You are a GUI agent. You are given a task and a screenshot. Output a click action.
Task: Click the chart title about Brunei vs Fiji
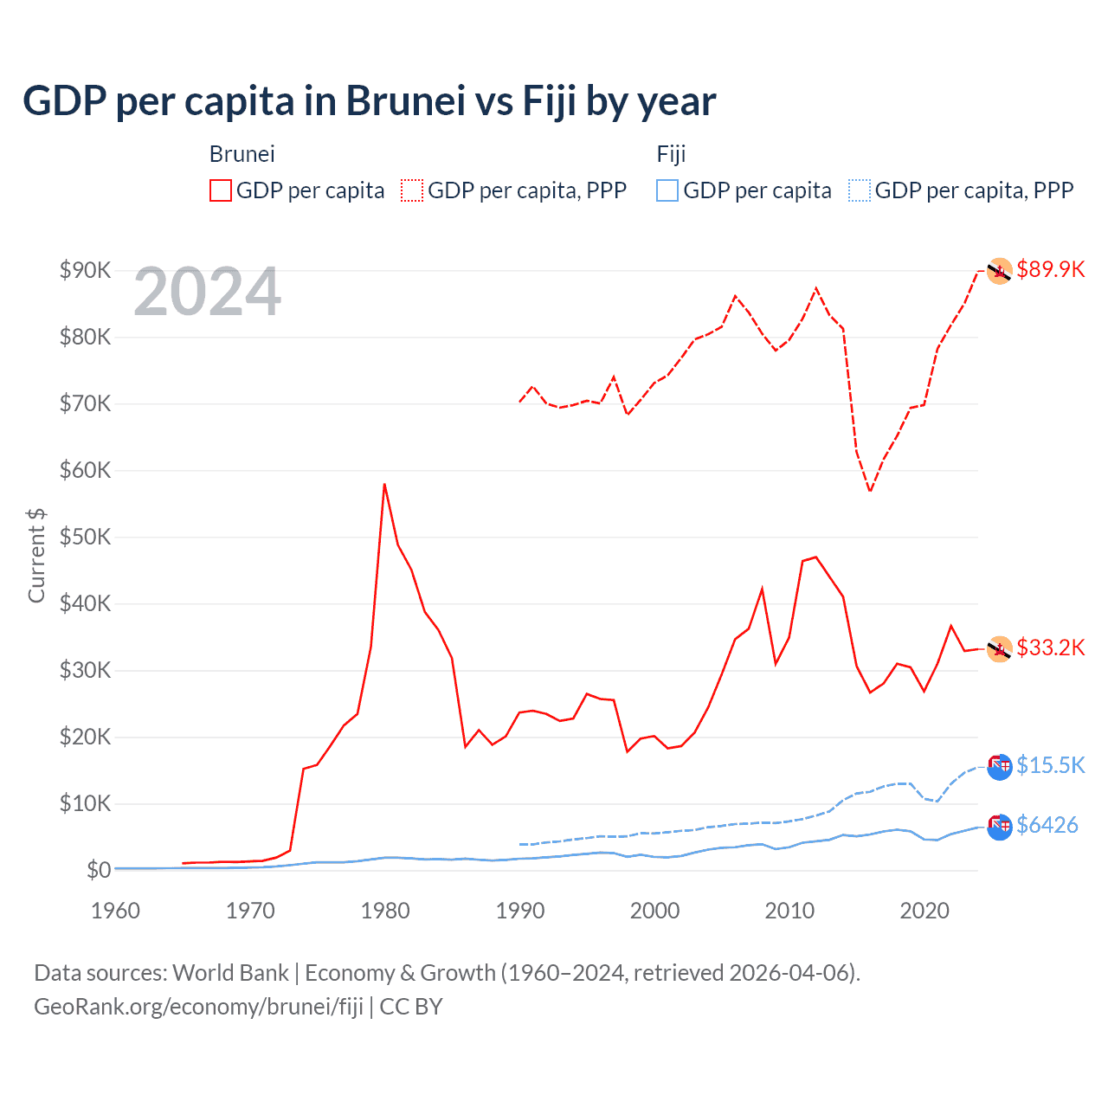pyautogui.click(x=369, y=101)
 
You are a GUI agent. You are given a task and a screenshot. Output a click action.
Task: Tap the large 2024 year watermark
pyautogui.click(x=207, y=292)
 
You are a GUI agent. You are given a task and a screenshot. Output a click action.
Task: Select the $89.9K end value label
pyautogui.click(x=1050, y=269)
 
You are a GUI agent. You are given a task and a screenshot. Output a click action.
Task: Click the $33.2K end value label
pyautogui.click(x=1050, y=647)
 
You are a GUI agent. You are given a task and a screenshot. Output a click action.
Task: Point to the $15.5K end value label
pyautogui.click(x=1050, y=765)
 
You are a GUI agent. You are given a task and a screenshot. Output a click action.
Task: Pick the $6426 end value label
pyautogui.click(x=1047, y=825)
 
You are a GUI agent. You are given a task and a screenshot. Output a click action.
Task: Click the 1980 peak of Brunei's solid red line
pyautogui.click(x=384, y=485)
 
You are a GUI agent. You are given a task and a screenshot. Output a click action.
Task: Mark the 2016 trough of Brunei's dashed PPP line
pyautogui.click(x=870, y=492)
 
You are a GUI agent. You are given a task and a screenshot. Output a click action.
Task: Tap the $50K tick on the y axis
pyautogui.click(x=85, y=537)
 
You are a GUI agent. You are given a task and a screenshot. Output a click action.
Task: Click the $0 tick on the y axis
pyautogui.click(x=98, y=870)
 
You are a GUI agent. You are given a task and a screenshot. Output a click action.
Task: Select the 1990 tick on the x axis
pyautogui.click(x=520, y=911)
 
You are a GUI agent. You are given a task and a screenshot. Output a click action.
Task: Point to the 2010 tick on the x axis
pyautogui.click(x=789, y=911)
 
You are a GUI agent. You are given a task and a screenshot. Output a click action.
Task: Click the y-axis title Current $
pyautogui.click(x=36, y=555)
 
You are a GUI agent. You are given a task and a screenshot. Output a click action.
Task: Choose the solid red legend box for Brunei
pyautogui.click(x=221, y=190)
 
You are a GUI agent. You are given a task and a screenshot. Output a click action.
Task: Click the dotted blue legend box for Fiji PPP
pyautogui.click(x=860, y=190)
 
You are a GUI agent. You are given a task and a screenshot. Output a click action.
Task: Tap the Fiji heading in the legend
pyautogui.click(x=671, y=154)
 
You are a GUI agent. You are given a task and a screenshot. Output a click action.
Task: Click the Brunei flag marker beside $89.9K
pyautogui.click(x=999, y=271)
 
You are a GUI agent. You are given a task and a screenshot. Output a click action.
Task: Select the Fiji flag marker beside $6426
pyautogui.click(x=999, y=827)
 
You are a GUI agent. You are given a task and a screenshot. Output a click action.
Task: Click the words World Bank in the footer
pyautogui.click(x=230, y=973)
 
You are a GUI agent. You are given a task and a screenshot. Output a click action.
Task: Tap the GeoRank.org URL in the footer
pyautogui.click(x=198, y=1007)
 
